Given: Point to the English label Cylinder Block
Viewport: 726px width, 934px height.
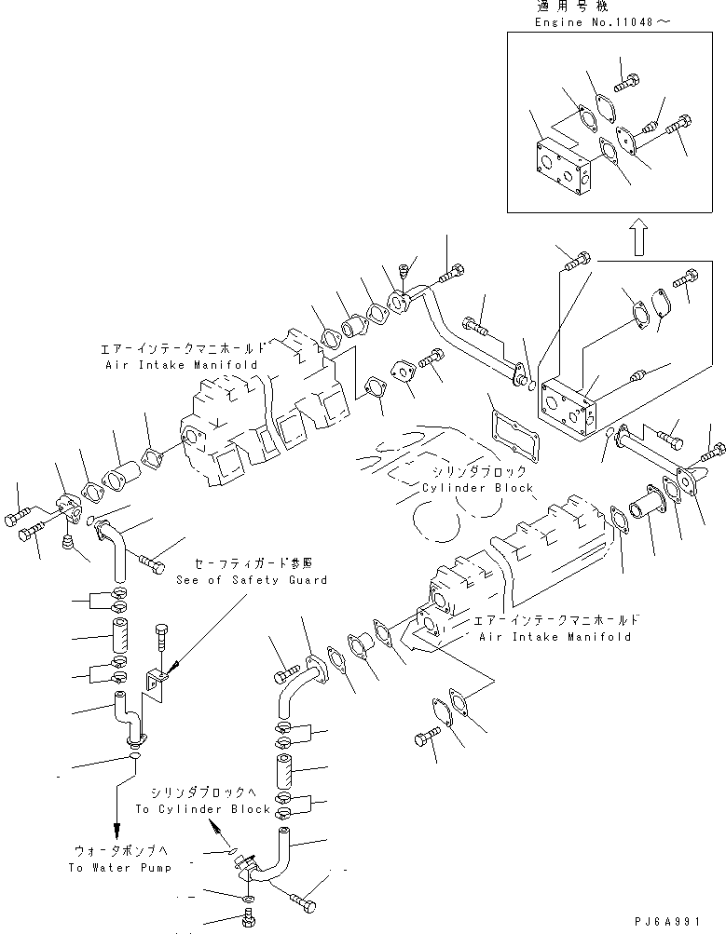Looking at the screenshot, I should point(477,488).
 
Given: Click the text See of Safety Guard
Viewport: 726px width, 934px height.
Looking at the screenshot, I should point(252,579).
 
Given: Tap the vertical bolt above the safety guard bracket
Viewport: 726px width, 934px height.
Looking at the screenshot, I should point(162,639).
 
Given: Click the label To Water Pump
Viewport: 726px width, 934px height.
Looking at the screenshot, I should point(119,868).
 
